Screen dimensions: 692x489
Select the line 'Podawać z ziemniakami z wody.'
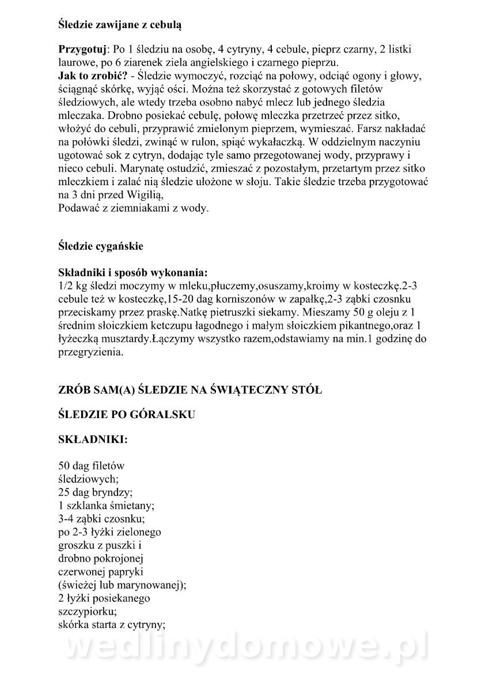[134, 208]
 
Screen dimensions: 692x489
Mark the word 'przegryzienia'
[90, 352]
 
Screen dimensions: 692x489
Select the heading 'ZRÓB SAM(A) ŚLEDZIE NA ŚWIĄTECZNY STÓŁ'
[191, 390]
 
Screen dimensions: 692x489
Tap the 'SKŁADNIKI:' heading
[93, 439]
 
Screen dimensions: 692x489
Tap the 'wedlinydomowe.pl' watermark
[244, 652]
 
